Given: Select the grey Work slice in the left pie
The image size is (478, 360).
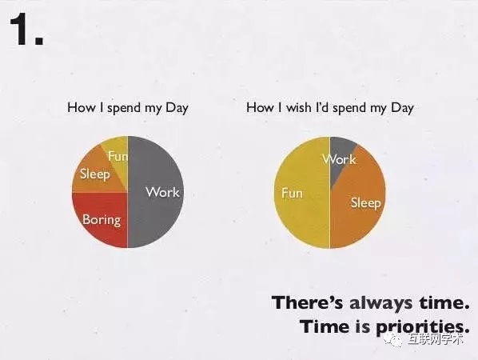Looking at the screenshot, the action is pyautogui.click(x=156, y=192).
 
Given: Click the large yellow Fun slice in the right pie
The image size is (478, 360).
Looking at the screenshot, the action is pyautogui.click(x=302, y=193).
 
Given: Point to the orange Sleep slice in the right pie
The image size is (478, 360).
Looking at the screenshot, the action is pyautogui.click(x=358, y=202).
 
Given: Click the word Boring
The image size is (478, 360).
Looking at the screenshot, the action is pyautogui.click(x=102, y=220).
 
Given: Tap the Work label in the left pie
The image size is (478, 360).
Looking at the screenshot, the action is pyautogui.click(x=162, y=192).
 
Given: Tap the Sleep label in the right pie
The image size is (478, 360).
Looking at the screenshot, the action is pyautogui.click(x=366, y=203).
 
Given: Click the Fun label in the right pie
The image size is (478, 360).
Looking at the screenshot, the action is pyautogui.click(x=292, y=193).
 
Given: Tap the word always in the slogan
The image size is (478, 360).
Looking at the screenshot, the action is pyautogui.click(x=380, y=303).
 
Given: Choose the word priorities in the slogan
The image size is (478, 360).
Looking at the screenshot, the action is pyautogui.click(x=422, y=327).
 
